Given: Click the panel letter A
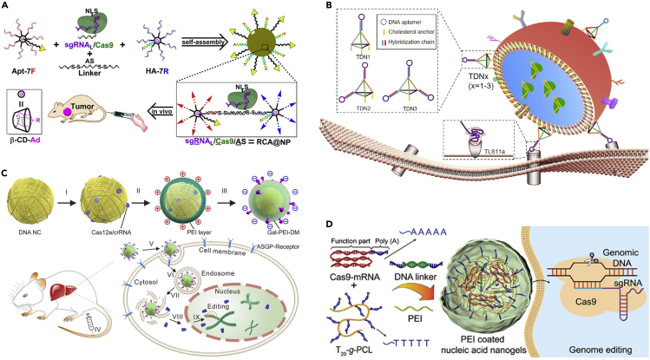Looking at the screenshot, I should [7, 8].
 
